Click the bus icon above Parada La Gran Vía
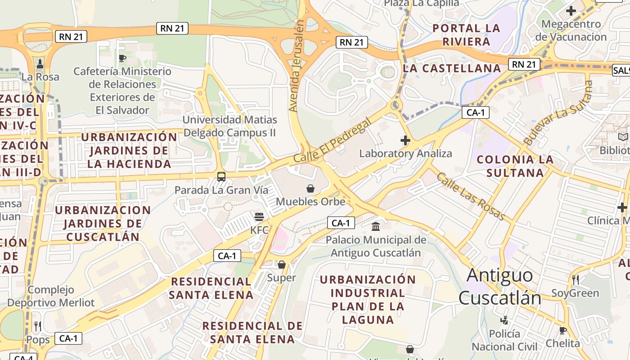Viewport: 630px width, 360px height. pos(221,176)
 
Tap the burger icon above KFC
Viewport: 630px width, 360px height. pos(259,217)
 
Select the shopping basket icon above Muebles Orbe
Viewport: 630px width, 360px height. pos(310,188)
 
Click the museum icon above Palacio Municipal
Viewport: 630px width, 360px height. pos(376,226)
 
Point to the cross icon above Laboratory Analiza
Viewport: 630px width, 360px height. pos(405,140)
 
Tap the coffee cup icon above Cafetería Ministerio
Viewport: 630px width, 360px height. pos(122,58)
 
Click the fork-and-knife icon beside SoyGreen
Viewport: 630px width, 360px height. pos(576,280)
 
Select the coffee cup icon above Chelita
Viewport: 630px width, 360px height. pos(562,331)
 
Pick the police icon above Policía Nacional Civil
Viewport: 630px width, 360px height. pos(504,320)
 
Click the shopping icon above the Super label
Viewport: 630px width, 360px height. pos(282,265)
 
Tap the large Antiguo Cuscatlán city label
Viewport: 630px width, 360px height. pos(499,286)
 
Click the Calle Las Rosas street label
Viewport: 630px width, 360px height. pos(471,197)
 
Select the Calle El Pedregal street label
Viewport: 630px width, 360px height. pos(333,140)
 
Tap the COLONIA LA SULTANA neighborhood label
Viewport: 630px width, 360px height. pos(515,166)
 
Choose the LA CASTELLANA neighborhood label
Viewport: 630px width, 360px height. pos(452,68)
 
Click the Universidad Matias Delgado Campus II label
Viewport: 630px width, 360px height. pos(229,126)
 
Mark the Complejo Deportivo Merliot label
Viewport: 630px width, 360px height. pos(51,296)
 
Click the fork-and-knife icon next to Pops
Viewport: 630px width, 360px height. pos(38,326)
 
